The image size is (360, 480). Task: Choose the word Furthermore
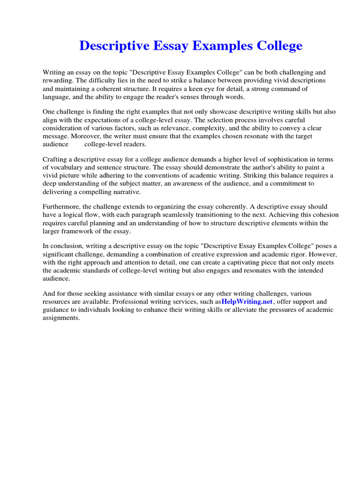pos(62,207)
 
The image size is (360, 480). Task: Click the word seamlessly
pos(197,215)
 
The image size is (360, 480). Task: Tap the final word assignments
pos(61,317)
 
